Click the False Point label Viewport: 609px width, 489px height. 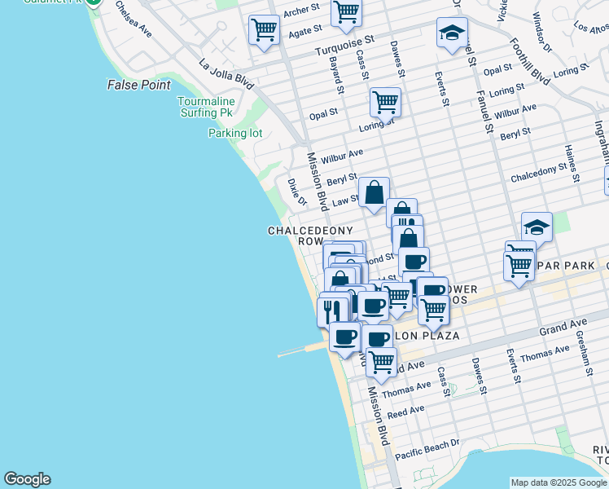click(x=139, y=85)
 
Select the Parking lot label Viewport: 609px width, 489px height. click(x=235, y=133)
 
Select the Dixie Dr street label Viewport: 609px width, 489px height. click(x=296, y=192)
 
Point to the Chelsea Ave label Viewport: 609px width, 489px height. click(x=134, y=18)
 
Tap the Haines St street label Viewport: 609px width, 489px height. click(x=569, y=163)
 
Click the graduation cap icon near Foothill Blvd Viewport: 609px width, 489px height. click(x=452, y=33)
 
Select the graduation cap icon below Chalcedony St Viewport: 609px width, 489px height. click(x=537, y=227)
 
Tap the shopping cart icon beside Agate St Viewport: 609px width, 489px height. click(x=264, y=31)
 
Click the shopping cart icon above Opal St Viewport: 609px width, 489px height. click(x=385, y=103)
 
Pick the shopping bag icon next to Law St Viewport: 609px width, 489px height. click(x=374, y=193)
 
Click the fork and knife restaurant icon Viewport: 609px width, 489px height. click(x=332, y=311)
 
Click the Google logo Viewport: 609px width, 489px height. click(x=27, y=479)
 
